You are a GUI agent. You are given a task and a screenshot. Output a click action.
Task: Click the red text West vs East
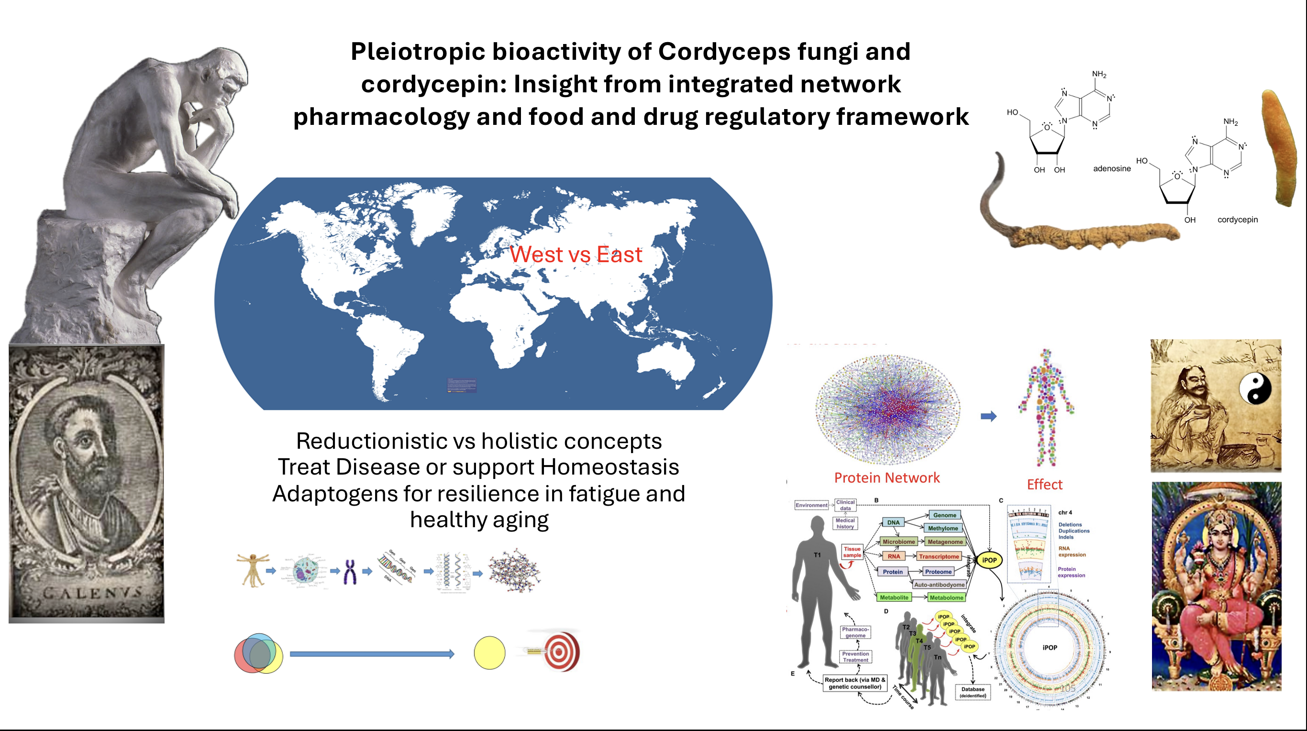(x=576, y=254)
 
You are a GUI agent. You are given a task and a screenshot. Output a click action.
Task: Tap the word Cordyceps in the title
(x=724, y=52)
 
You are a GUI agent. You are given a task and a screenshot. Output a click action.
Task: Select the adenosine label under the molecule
(x=1112, y=168)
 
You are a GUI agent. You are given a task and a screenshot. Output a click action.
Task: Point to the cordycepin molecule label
(x=1238, y=220)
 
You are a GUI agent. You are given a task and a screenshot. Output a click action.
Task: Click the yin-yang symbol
(x=1255, y=389)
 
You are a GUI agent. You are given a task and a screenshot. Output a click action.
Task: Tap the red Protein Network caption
(x=887, y=478)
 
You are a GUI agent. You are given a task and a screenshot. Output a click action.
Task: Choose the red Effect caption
(x=1044, y=485)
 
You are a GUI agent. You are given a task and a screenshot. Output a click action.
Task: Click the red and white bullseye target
(x=560, y=652)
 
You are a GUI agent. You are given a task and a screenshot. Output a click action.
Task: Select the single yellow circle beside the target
(x=489, y=653)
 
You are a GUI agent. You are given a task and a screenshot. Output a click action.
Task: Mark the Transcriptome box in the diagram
(x=939, y=556)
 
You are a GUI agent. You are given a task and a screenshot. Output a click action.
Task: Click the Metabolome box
(x=946, y=598)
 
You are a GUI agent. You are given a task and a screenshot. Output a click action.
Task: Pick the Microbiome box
(x=898, y=542)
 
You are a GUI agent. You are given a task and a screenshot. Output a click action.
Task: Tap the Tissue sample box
(x=852, y=552)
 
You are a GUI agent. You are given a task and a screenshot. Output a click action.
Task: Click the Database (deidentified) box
(x=973, y=692)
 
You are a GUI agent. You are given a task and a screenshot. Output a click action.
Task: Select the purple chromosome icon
(x=350, y=572)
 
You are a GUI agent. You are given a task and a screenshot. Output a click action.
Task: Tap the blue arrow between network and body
(x=988, y=417)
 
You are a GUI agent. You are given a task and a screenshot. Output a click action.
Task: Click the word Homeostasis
(x=609, y=467)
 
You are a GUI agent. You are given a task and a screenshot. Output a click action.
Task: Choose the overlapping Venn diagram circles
(x=258, y=653)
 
